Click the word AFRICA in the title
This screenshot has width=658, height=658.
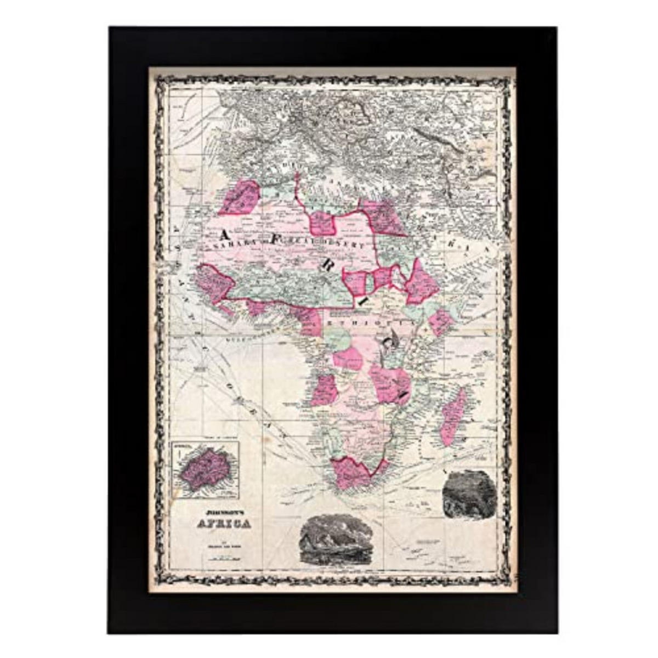pos(224,523)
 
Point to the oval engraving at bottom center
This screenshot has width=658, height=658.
pos(334,540)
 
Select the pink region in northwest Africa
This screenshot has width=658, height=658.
pos(239,197)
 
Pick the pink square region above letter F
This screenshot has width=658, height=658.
pos(324,223)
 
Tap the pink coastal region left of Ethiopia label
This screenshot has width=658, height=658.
pos(308,321)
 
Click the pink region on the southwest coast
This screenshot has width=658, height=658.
pos(325,390)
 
